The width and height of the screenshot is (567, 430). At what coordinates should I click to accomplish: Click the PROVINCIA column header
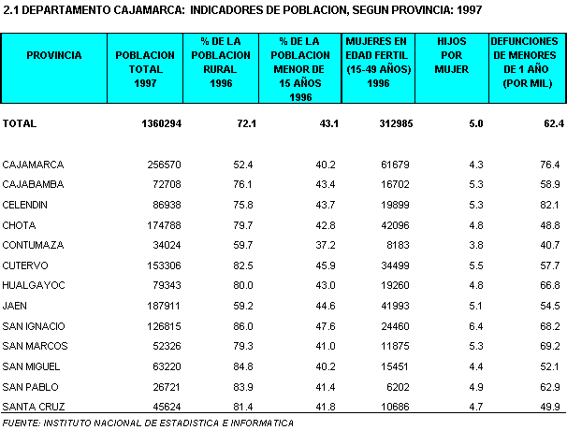(x=54, y=55)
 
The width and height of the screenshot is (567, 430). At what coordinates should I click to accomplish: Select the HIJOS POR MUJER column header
(x=452, y=55)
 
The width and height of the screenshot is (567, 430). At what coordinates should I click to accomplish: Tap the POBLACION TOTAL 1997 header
(x=145, y=69)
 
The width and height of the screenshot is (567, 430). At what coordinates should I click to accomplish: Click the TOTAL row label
(x=20, y=123)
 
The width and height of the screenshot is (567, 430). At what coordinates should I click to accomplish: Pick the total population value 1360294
(x=161, y=123)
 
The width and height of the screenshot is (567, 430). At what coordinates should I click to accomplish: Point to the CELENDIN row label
(x=24, y=205)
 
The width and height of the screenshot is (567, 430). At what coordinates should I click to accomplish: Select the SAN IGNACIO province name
(x=34, y=326)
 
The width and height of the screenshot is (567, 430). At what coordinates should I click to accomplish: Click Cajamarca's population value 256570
(x=164, y=165)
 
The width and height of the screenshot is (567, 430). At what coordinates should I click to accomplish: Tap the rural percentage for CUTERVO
(x=243, y=265)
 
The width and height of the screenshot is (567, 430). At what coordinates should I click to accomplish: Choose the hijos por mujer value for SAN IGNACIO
(x=476, y=326)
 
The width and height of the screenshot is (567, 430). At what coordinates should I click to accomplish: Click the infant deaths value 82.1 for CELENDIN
(x=550, y=205)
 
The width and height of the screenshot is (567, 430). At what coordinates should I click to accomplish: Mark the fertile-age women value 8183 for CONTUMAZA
(x=398, y=245)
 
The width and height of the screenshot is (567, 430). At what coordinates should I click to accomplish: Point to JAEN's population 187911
(x=164, y=306)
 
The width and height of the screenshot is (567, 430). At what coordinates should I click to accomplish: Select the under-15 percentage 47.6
(x=326, y=326)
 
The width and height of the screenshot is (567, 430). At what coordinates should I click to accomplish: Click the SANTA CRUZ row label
(x=34, y=407)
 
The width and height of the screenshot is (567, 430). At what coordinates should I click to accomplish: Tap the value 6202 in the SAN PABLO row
(x=398, y=387)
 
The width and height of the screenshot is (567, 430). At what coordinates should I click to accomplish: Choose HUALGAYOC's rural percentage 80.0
(x=243, y=285)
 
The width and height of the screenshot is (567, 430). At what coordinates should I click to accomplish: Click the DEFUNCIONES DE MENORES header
(x=524, y=48)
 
